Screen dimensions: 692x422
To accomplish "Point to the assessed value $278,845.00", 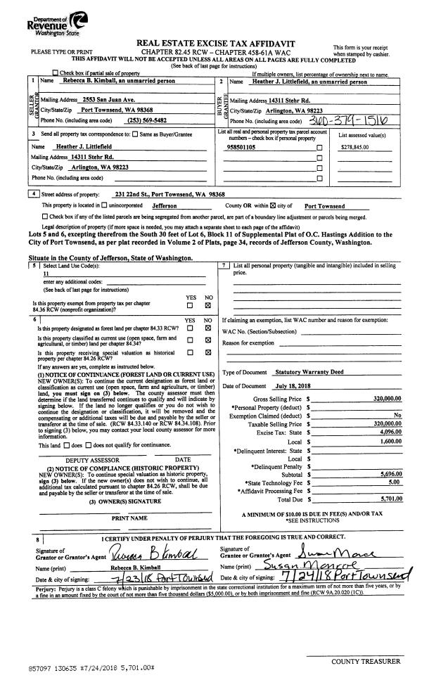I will tap(359, 148).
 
